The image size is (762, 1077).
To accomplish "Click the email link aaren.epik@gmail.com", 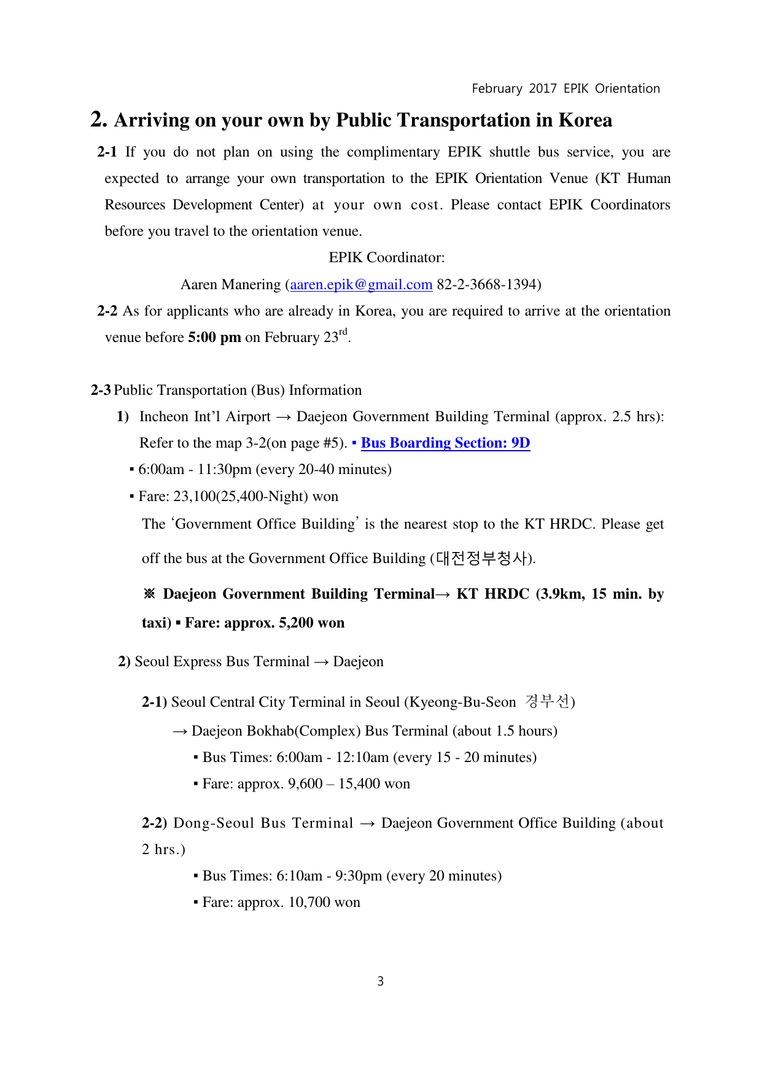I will click(361, 285).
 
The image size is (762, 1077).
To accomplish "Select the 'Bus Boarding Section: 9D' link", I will click(445, 443).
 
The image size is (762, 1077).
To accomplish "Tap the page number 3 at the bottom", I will click(381, 981).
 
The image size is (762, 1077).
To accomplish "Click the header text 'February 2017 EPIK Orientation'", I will click(566, 88).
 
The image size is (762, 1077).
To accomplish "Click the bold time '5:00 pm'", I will click(214, 338).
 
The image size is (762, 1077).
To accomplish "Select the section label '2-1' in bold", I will click(107, 152).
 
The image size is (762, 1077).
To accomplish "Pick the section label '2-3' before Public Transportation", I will click(101, 391).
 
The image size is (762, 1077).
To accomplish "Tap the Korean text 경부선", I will click(547, 701).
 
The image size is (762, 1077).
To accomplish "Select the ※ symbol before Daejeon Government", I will click(149, 594).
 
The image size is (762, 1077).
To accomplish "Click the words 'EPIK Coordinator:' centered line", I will click(387, 258).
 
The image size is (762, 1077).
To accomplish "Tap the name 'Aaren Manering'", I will click(230, 285).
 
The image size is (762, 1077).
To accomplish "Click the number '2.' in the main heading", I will click(99, 120).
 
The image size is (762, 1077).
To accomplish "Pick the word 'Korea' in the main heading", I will click(585, 120).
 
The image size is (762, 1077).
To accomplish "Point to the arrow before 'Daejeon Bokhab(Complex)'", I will click(180, 731).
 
